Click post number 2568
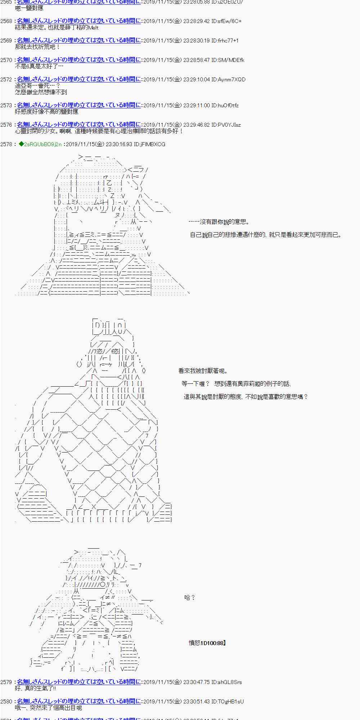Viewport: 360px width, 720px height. click(x=6, y=21)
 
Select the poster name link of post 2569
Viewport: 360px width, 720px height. click(x=78, y=41)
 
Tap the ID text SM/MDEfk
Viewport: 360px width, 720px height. click(x=231, y=60)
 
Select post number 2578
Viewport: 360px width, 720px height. click(x=6, y=144)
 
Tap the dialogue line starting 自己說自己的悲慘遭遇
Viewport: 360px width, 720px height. click(x=265, y=235)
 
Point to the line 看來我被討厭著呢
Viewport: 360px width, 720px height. click(x=203, y=371)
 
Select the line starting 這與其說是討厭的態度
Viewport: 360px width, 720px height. click(x=246, y=397)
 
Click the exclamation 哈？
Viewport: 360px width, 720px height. click(x=189, y=598)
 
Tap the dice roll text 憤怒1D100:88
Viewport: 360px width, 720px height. click(x=207, y=643)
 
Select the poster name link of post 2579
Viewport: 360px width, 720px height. click(x=78, y=682)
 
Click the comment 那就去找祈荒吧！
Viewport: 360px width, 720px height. click(x=37, y=47)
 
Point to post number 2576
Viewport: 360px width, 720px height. click(x=6, y=125)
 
